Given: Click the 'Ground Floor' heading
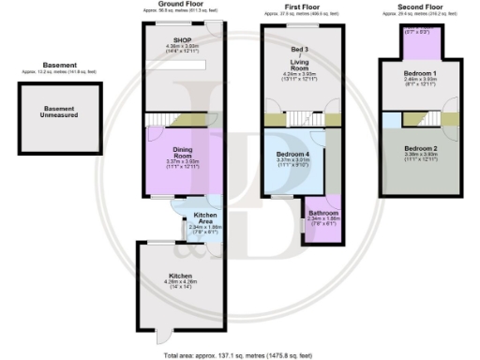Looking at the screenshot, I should point(182,5).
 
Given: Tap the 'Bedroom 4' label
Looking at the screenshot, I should point(294,154).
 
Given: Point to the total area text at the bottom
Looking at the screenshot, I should point(239,355).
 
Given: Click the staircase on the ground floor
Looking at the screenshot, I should point(167,119).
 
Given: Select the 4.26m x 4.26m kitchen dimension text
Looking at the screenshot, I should point(182,287).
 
